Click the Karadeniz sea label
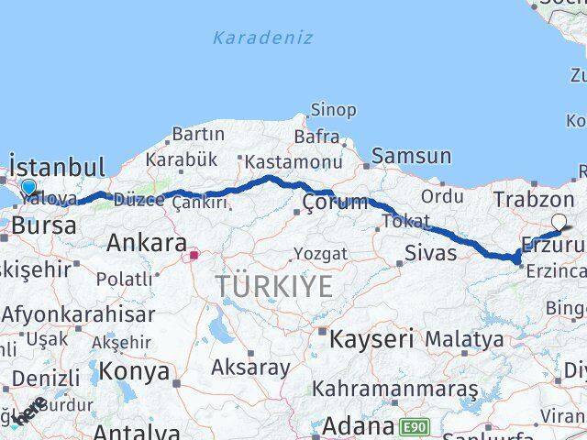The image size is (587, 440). (262, 38)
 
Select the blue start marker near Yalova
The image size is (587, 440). (28, 188)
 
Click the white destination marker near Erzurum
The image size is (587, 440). (559, 221)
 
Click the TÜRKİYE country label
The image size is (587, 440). (274, 287)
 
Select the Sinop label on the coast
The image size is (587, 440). (333, 110)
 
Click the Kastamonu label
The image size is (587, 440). (282, 161)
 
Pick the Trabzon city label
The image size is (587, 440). (533, 199)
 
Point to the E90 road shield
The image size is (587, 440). (414, 426)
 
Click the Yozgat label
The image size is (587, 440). (320, 253)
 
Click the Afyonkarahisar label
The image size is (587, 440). (78, 314)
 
